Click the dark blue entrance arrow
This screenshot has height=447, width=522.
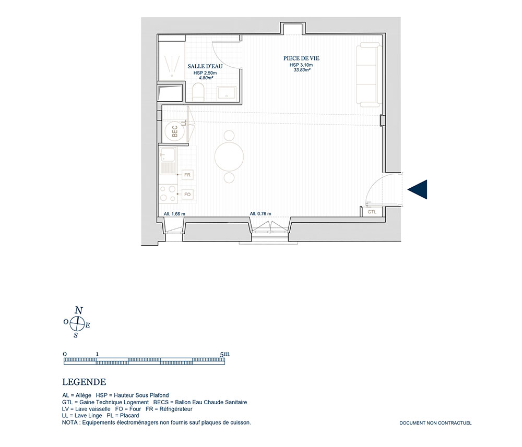[419, 189]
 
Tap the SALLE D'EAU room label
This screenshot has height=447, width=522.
[205, 67]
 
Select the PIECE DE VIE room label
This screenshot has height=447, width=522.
[301, 58]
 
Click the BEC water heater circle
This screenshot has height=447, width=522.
[175, 131]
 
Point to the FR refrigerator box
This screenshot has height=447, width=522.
[187, 175]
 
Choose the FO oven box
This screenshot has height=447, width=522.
[187, 194]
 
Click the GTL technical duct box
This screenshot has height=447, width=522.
[372, 212]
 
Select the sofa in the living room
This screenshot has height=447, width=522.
[369, 76]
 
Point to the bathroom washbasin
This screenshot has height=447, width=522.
[227, 93]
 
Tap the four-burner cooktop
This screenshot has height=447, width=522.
[168, 194]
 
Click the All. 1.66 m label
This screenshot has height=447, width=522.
[174, 214]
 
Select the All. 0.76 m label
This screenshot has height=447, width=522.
[260, 213]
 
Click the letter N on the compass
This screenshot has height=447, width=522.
[79, 310]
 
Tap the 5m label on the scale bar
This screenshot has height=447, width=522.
[225, 354]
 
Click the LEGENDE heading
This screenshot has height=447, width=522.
[84, 382]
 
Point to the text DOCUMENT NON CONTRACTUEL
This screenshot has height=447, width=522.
[435, 423]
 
